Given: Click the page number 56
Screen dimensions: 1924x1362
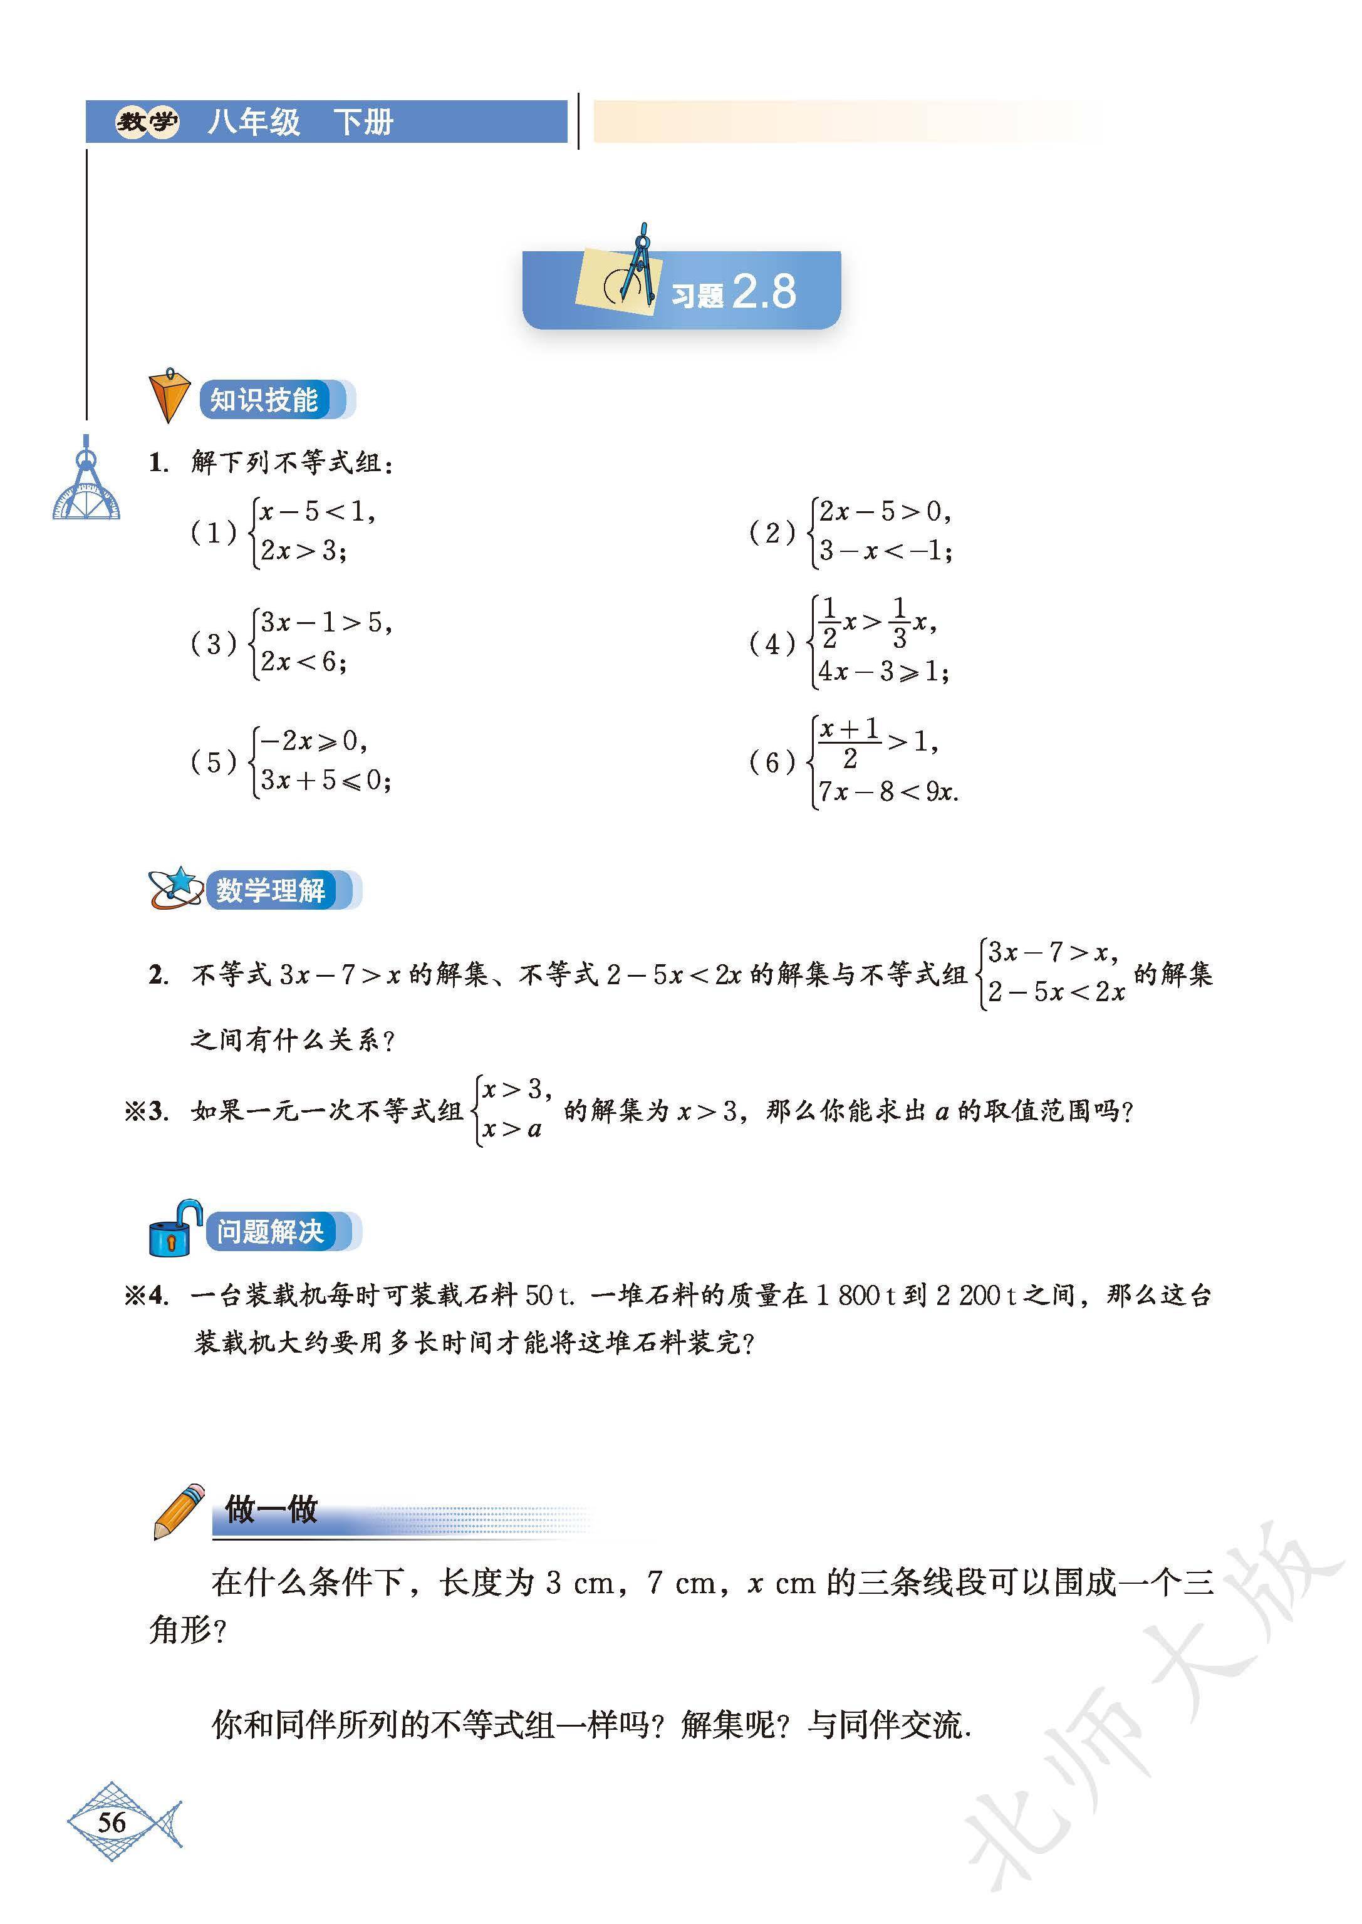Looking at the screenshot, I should [112, 1823].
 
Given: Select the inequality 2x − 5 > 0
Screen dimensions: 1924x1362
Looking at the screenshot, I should [884, 512].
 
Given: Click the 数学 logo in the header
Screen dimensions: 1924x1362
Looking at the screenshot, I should [147, 122].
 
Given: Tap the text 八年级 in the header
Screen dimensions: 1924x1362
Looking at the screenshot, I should [253, 122].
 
